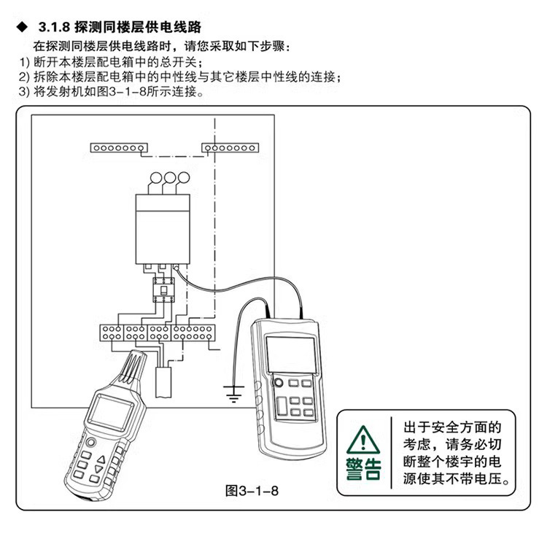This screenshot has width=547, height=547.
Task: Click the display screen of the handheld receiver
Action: tap(107, 414)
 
